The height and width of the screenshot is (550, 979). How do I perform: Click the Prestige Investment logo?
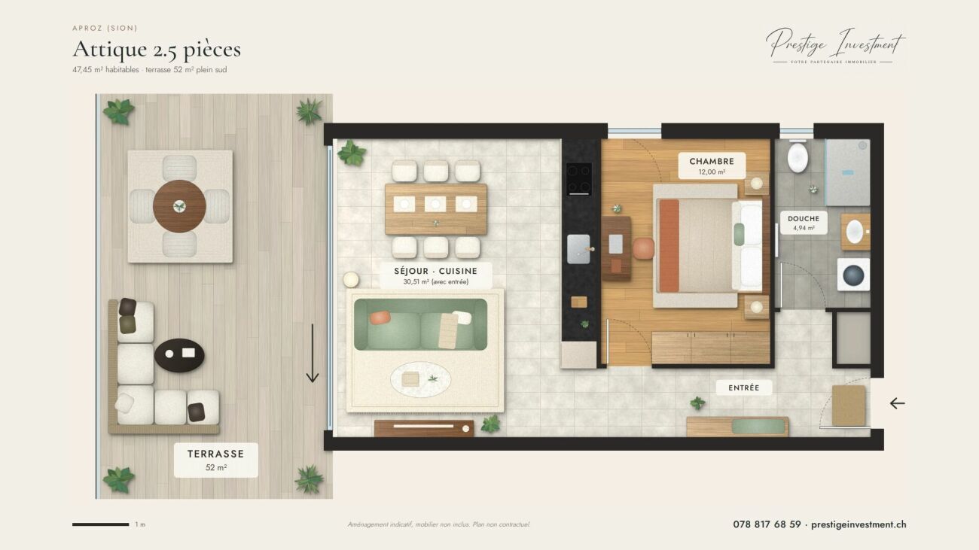pos(835,45)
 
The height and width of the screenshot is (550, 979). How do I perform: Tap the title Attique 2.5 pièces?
pos(157,49)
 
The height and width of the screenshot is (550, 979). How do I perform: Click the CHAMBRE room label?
pos(712,166)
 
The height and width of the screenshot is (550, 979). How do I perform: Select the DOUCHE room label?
pos(804,223)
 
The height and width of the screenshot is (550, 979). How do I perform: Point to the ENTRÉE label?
pos(743,387)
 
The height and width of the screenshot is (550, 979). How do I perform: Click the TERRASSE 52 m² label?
pos(216,460)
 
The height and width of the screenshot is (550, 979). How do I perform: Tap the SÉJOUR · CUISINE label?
pos(436,275)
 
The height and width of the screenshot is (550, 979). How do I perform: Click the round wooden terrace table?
pos(179,206)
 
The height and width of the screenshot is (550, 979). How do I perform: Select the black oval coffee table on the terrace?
pos(179,355)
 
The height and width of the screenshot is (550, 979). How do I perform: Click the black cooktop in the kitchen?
pos(579,179)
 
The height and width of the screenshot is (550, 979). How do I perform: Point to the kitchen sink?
pos(578,249)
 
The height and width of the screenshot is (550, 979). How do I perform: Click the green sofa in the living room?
pos(420,324)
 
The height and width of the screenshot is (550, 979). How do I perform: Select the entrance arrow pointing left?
pos(897,403)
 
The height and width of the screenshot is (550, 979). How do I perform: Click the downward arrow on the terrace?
pos(312,353)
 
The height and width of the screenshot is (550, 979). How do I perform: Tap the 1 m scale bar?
pos(100,524)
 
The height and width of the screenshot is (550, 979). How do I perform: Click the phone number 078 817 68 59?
pos(767,524)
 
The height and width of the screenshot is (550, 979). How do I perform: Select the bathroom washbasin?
pos(855,232)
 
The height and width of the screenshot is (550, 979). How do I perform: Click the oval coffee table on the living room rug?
pos(420,379)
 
